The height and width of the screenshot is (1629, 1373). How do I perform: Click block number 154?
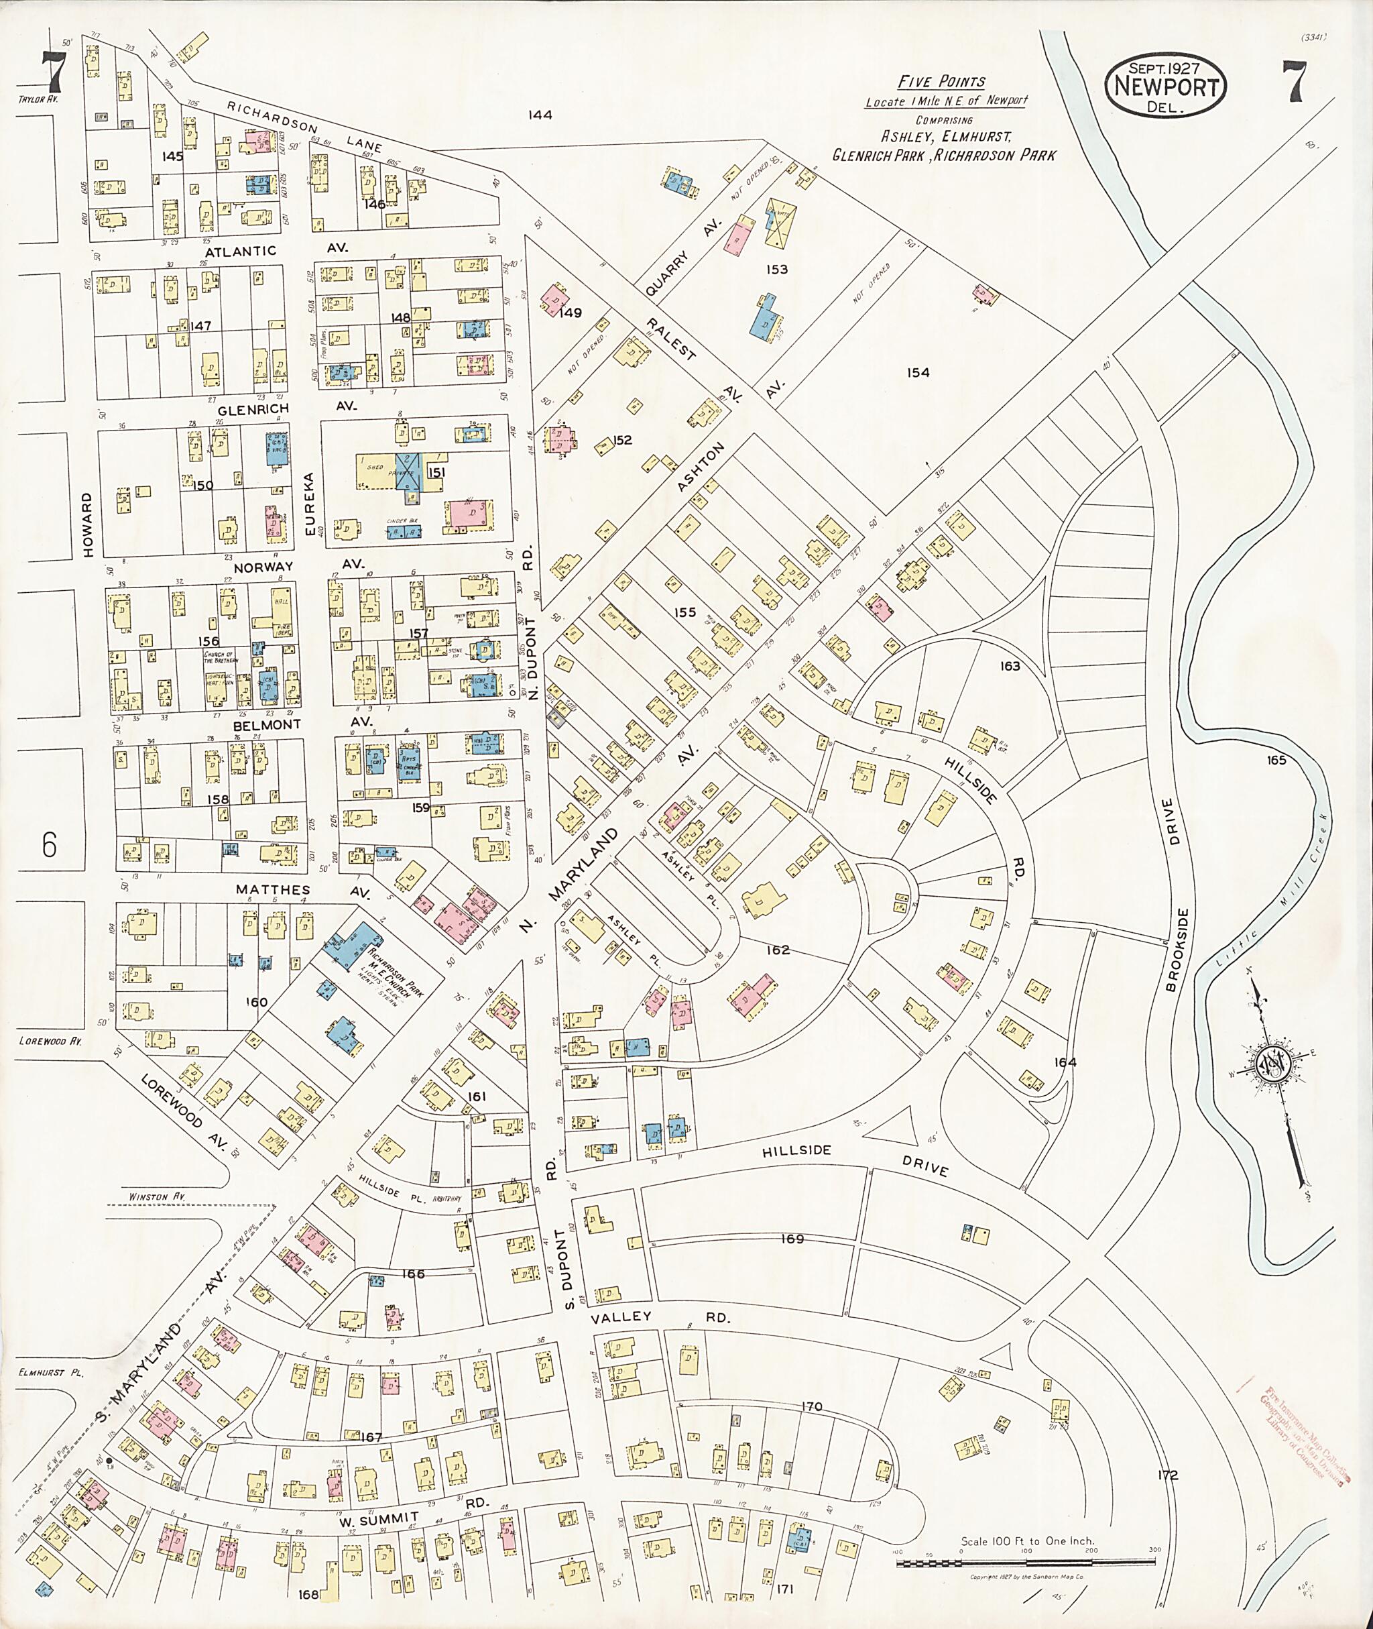tap(918, 373)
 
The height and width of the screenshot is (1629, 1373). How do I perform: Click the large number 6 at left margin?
tap(49, 845)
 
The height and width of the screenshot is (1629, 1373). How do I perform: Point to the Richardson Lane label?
tap(306, 125)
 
